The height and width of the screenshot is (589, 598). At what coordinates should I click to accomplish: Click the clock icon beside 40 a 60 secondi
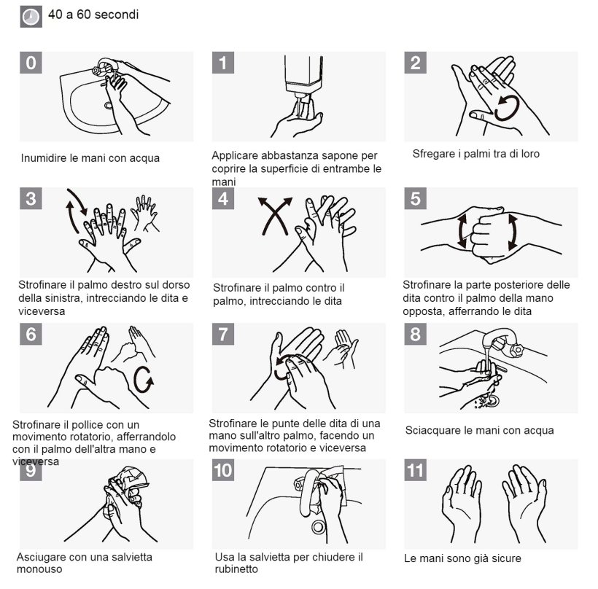31,17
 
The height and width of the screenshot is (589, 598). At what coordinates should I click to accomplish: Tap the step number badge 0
31,63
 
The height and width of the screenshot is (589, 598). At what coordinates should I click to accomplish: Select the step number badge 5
416,198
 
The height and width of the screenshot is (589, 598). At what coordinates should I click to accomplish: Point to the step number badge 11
416,470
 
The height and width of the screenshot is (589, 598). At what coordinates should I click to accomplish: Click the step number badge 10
223,470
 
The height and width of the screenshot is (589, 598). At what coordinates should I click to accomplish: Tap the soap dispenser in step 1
303,77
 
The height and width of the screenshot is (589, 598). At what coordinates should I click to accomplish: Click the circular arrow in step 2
507,108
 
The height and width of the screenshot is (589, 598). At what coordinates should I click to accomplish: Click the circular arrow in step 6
144,380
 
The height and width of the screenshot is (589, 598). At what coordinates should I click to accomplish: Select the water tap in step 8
503,343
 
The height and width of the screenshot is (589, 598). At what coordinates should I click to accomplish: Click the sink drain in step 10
318,527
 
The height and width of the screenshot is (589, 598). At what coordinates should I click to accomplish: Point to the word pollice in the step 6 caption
87,425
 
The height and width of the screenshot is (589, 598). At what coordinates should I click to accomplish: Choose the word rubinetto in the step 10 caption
236,569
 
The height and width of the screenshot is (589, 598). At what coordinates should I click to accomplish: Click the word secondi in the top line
117,15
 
